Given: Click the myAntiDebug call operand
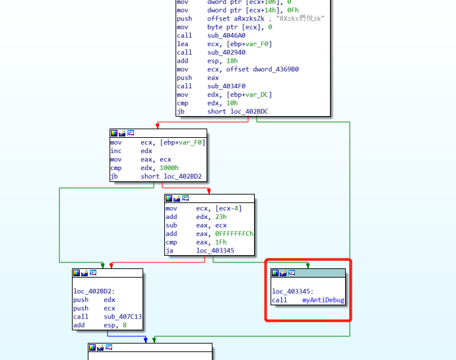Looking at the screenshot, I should click(x=323, y=300).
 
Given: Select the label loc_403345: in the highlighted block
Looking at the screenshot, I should click(x=293, y=291).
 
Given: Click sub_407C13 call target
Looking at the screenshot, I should click(x=123, y=316).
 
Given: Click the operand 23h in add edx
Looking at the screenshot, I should click(x=220, y=217).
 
